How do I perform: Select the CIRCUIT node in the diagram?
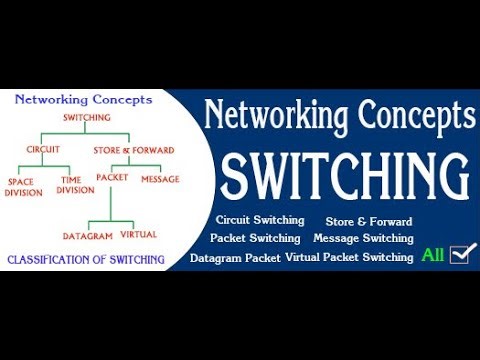click(x=43, y=150)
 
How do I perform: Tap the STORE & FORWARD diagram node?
click(x=134, y=150)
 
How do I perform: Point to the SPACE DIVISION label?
click(x=25, y=187)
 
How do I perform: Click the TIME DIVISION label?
click(x=75, y=185)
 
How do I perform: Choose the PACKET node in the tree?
click(x=113, y=178)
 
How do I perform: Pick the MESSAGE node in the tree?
click(x=159, y=178)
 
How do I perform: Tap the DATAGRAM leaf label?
click(x=87, y=235)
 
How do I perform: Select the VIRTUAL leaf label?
click(x=138, y=235)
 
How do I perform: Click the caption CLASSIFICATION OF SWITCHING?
click(x=86, y=260)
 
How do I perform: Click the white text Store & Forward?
click(x=369, y=220)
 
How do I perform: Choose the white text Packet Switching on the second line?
click(x=255, y=238)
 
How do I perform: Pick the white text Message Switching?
click(x=363, y=238)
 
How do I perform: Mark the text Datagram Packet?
click(x=235, y=257)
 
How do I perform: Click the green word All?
click(x=432, y=255)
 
